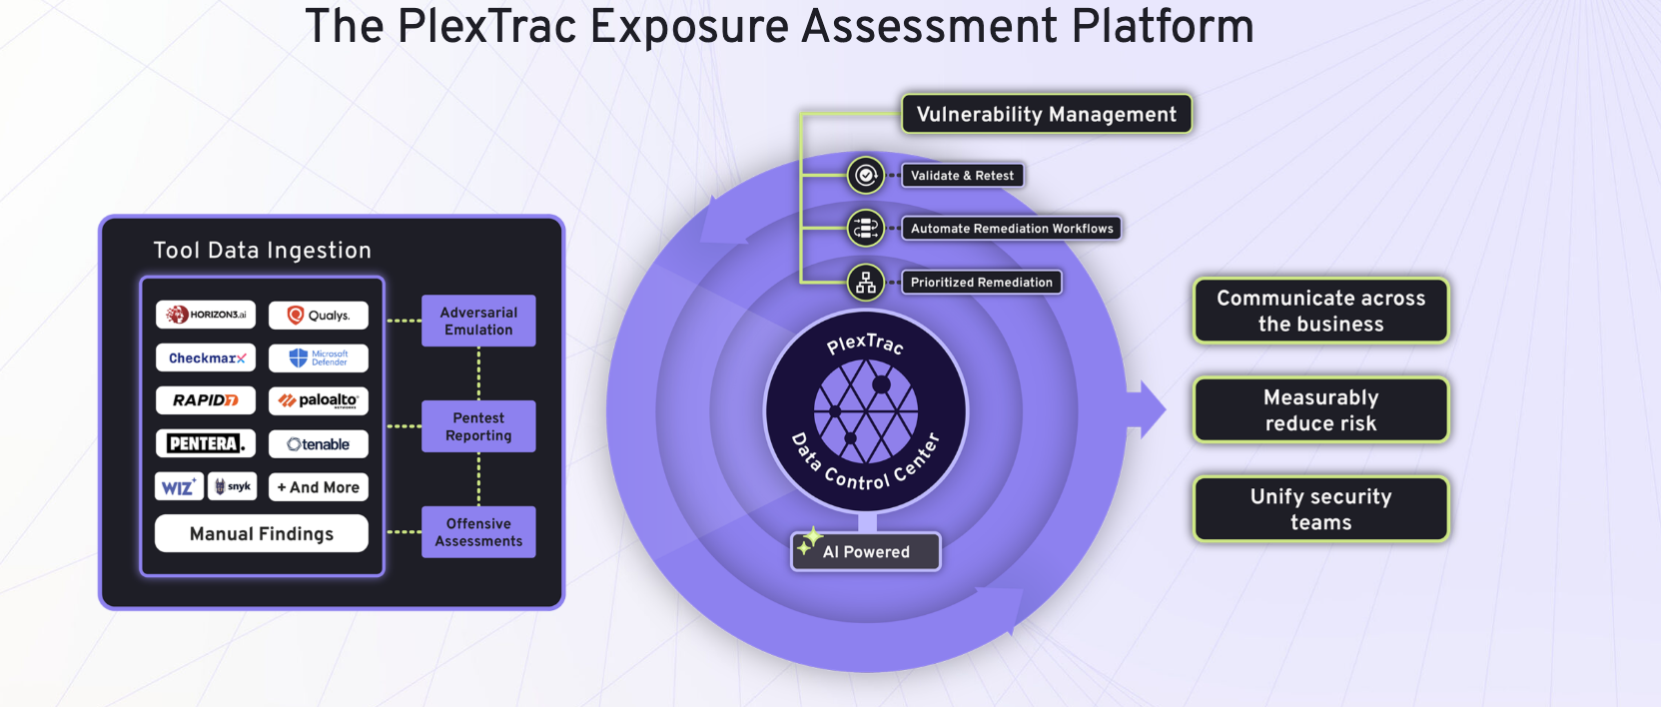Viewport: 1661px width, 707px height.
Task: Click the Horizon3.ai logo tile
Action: (206, 315)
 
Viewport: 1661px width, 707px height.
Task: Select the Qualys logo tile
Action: (318, 315)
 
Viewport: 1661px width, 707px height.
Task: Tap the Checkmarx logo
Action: (206, 357)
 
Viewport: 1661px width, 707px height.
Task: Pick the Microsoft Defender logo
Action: (318, 357)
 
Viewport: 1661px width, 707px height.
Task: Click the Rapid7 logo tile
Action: (206, 400)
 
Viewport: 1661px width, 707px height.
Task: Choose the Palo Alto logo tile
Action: (318, 400)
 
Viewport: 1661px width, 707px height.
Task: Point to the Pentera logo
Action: (206, 443)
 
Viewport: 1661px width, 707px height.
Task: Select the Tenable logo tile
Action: (318, 444)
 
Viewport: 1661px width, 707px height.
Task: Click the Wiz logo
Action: (179, 487)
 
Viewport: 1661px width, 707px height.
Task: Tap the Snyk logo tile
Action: (232, 486)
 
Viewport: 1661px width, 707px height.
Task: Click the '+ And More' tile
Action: (318, 487)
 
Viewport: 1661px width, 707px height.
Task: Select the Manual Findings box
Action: (261, 533)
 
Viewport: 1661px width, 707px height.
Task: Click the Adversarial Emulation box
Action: (478, 321)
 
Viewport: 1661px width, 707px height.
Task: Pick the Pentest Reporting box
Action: (478, 426)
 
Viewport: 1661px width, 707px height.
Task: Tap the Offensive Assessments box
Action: (478, 532)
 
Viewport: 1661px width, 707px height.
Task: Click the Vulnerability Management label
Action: (1047, 114)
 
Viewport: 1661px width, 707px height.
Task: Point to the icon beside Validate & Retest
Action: (865, 176)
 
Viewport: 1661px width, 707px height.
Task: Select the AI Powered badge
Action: (865, 551)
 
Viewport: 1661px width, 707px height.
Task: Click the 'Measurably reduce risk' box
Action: (1320, 409)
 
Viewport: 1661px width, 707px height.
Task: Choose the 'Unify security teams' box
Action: (1320, 509)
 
